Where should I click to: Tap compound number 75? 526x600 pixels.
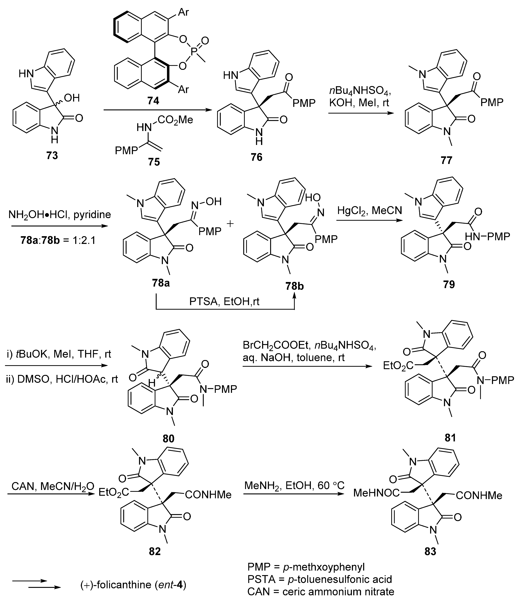click(154, 162)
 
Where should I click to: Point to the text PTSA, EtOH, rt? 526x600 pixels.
click(224, 302)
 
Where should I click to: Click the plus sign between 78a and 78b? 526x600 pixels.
click(230, 224)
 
